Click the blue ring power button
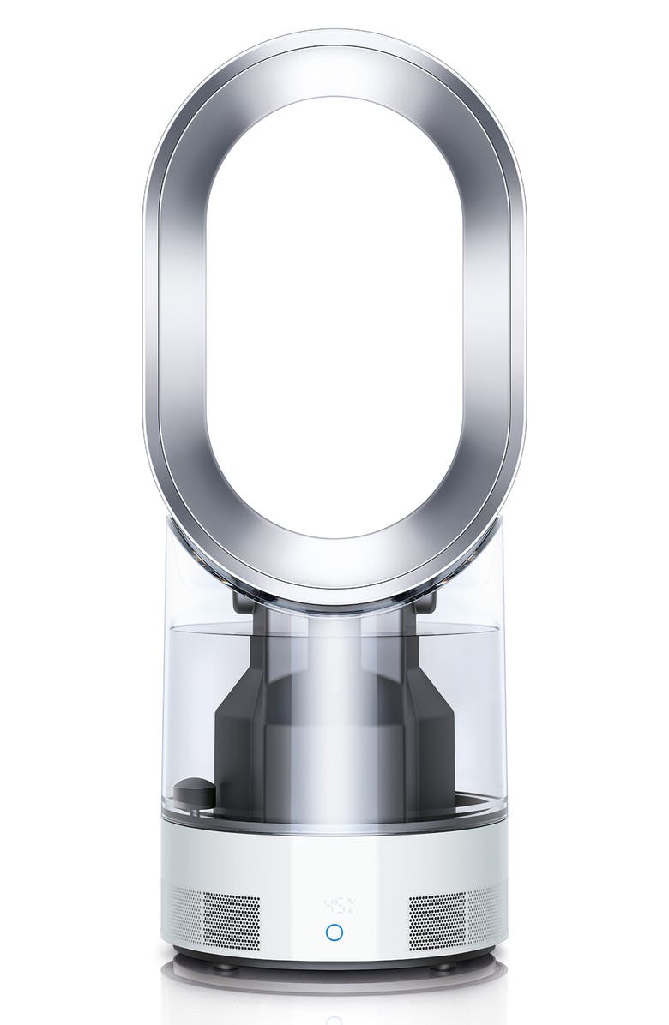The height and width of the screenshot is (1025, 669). [x=334, y=932]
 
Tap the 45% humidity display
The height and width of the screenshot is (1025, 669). [x=334, y=906]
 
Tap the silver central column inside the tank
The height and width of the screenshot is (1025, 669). [x=334, y=728]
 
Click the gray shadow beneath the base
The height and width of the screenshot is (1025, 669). [x=334, y=986]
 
